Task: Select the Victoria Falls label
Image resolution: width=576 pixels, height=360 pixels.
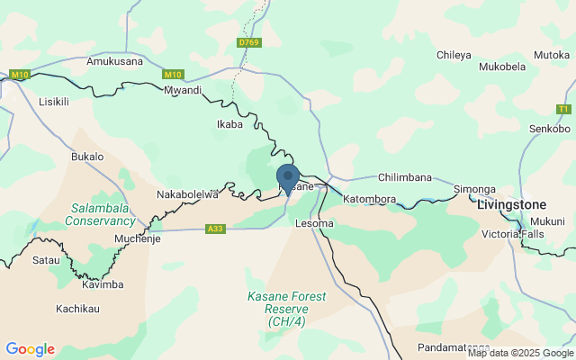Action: (x=514, y=234)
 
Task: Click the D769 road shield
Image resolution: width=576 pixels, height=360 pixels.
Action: (x=248, y=42)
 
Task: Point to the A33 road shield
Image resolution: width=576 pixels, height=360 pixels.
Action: (x=215, y=229)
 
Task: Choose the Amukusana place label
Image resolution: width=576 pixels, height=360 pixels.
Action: (x=114, y=62)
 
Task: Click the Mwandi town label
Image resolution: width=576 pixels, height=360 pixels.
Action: (x=183, y=91)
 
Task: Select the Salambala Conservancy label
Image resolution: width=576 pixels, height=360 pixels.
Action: (x=102, y=214)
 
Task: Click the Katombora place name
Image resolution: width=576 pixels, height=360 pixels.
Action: (x=370, y=198)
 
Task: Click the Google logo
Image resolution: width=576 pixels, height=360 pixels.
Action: (x=30, y=349)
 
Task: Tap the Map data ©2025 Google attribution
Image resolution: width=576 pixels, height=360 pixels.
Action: (x=519, y=353)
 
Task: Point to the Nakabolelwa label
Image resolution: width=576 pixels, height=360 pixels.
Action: (x=188, y=193)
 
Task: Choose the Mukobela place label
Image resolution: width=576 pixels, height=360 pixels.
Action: (x=502, y=67)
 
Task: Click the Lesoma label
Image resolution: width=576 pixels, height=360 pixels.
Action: (x=315, y=222)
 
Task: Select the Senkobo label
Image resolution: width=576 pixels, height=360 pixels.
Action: (x=549, y=129)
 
